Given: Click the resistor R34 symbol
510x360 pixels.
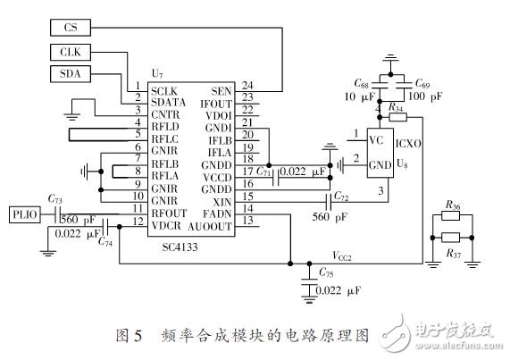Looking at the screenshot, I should [397, 117].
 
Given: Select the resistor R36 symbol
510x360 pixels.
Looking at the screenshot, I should [451, 214].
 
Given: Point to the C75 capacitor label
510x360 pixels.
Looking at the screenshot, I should [327, 272].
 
